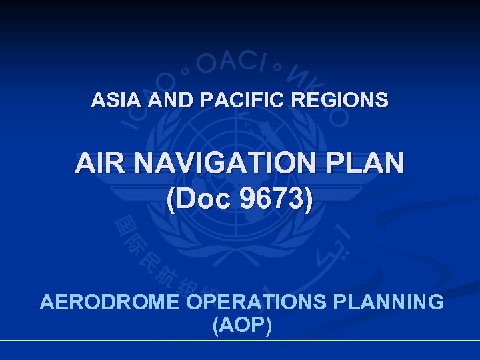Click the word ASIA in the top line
pos(111,101)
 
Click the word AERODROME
pos(111,302)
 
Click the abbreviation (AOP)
pos(241,326)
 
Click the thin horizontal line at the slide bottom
pos(240,341)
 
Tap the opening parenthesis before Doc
pos(172,201)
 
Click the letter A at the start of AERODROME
pos(47,302)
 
